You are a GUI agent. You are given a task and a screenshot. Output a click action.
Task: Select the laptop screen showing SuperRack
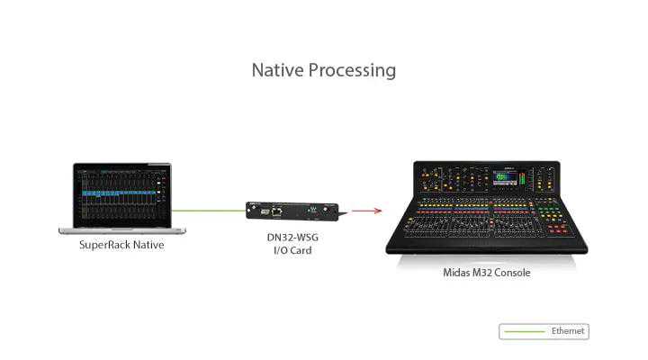click(121, 193)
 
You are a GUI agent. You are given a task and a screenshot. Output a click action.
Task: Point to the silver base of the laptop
click(121, 230)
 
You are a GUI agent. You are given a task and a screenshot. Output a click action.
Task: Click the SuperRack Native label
click(121, 245)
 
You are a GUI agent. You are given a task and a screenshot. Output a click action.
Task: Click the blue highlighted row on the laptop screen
click(116, 193)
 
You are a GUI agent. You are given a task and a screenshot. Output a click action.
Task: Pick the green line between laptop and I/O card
click(209, 211)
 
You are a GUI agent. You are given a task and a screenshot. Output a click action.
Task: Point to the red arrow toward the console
click(365, 211)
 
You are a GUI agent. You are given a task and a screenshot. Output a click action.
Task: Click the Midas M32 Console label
click(486, 272)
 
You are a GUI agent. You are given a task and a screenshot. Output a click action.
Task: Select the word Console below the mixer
click(511, 272)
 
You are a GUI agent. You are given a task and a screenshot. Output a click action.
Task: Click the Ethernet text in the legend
click(568, 331)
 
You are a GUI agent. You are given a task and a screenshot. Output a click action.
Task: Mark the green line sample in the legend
click(526, 331)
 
